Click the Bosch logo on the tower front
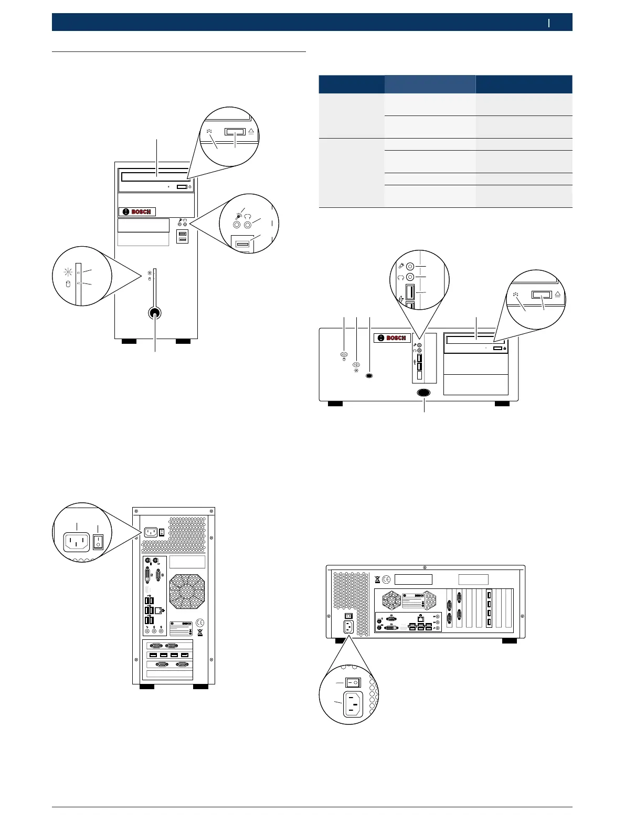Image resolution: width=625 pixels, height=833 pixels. [137, 212]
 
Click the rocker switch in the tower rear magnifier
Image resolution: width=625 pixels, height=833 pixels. [98, 542]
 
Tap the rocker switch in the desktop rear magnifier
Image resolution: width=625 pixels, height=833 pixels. [353, 683]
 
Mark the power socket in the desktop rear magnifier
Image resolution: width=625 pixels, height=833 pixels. [353, 703]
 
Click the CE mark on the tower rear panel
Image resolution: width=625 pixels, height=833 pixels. [199, 623]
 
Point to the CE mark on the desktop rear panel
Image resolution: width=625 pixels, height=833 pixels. [386, 579]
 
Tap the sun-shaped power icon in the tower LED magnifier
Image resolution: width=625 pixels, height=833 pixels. [67, 271]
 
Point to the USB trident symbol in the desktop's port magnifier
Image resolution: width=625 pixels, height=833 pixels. [401, 298]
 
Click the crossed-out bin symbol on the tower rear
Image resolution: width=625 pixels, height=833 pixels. [200, 632]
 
